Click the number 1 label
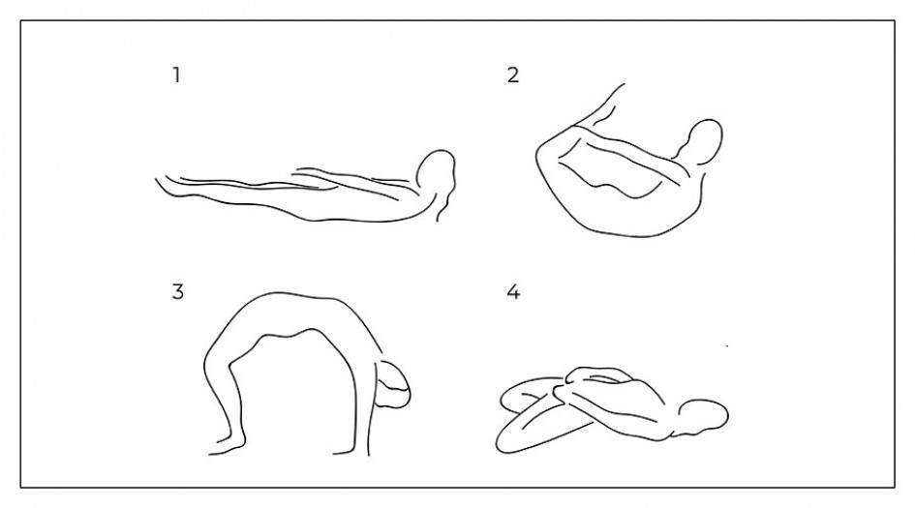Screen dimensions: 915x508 tap(176, 75)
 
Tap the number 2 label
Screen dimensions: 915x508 tap(513, 75)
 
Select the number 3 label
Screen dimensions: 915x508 tap(177, 291)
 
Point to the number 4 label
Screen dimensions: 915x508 tap(513, 291)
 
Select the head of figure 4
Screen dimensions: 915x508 tap(703, 416)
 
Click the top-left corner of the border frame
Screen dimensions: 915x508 tap(21, 21)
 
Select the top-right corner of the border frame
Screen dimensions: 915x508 tap(894, 21)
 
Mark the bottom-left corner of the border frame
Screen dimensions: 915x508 tap(21, 487)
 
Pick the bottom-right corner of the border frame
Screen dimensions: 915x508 tap(894, 487)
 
